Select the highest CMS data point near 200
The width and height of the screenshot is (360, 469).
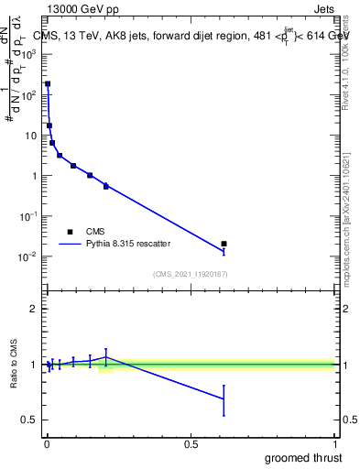pyautogui.click(x=48, y=83)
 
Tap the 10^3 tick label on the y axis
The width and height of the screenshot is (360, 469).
pyautogui.click(x=28, y=54)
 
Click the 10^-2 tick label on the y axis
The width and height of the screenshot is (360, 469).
pyautogui.click(x=28, y=256)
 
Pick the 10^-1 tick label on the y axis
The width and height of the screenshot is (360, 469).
pyautogui.click(x=28, y=216)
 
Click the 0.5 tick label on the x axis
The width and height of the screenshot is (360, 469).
pyautogui.click(x=191, y=444)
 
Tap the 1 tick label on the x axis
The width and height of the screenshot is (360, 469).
pyautogui.click(x=336, y=444)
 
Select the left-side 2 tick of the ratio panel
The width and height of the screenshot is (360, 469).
pyautogui.click(x=34, y=309)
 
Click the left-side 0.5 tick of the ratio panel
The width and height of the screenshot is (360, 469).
pyautogui.click(x=30, y=420)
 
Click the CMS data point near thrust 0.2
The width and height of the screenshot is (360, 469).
pyautogui.click(x=106, y=186)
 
